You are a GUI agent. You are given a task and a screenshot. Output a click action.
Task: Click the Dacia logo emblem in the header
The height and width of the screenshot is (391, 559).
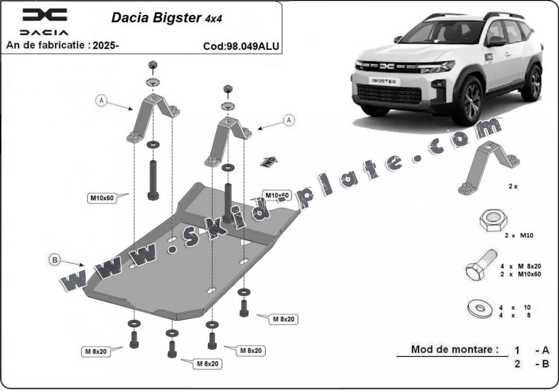[x=45, y=14]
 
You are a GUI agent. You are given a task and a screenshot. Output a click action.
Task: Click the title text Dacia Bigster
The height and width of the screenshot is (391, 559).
[x=156, y=17]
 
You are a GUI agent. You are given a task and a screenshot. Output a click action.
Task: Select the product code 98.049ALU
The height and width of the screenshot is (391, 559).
[x=248, y=46]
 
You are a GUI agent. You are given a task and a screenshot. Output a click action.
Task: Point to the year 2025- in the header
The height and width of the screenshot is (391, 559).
[x=106, y=45]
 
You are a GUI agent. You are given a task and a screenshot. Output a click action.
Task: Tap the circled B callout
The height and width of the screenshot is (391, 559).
[x=54, y=260]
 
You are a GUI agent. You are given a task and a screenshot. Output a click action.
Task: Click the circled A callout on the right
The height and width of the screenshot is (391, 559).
[x=289, y=120]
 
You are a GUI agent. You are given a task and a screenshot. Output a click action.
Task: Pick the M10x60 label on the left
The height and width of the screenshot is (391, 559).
[x=101, y=199]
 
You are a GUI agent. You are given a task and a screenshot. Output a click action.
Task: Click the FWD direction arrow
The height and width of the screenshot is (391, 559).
[x=269, y=161]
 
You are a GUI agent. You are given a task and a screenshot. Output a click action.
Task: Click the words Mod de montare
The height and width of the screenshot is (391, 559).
[x=455, y=350]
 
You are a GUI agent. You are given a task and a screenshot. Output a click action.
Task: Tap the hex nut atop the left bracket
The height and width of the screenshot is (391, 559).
[x=153, y=65]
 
